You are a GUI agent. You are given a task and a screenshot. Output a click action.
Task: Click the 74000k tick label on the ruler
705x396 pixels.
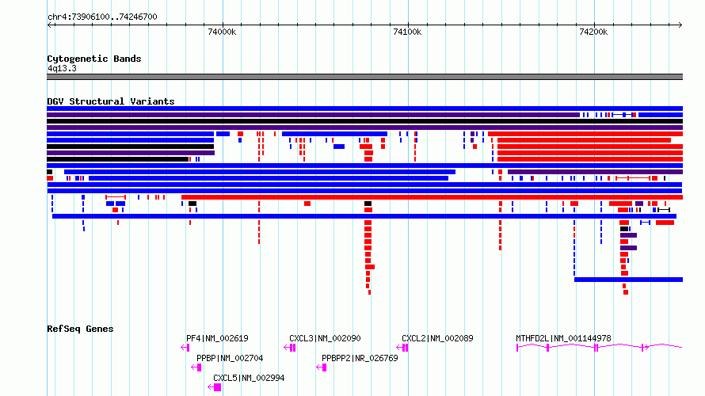pyautogui.click(x=222, y=32)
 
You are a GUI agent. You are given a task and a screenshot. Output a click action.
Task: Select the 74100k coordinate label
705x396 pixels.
pyautogui.click(x=407, y=32)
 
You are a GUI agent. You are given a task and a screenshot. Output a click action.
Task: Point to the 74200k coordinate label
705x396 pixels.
pyautogui.click(x=593, y=32)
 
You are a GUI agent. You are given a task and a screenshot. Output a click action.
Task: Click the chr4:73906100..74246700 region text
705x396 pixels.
pyautogui.click(x=102, y=17)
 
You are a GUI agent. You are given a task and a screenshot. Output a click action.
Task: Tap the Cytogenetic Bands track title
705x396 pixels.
pyautogui.click(x=94, y=59)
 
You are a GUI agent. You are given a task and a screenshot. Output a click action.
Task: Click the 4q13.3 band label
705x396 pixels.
pyautogui.click(x=62, y=68)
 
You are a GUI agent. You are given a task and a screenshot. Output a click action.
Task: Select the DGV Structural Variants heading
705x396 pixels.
pyautogui.click(x=111, y=101)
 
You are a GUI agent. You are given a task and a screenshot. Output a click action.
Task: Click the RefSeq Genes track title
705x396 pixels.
pyautogui.click(x=80, y=329)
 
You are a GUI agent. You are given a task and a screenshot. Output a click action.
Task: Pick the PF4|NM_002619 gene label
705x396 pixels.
pyautogui.click(x=217, y=338)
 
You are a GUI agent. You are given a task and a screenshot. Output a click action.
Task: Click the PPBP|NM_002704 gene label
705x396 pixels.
pyautogui.click(x=230, y=358)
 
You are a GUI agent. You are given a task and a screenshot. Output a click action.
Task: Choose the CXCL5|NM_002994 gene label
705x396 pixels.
pyautogui.click(x=249, y=378)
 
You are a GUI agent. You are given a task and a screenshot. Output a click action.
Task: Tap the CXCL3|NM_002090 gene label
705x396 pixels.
pyautogui.click(x=325, y=338)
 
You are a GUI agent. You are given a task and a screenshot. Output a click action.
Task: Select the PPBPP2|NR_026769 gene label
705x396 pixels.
pyautogui.click(x=360, y=358)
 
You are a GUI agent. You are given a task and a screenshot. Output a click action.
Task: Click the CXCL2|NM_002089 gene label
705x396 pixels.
pyautogui.click(x=437, y=338)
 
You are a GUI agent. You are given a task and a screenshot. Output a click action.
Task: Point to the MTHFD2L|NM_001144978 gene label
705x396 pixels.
pyautogui.click(x=563, y=338)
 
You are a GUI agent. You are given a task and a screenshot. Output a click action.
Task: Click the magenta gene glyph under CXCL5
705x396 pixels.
pyautogui.click(x=215, y=387)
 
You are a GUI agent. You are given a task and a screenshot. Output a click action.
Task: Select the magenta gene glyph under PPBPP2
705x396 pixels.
pyautogui.click(x=322, y=367)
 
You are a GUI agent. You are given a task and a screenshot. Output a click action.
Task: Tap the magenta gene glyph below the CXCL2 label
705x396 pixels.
pyautogui.click(x=402, y=348)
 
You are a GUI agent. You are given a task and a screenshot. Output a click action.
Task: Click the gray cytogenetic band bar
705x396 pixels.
pyautogui.click(x=364, y=77)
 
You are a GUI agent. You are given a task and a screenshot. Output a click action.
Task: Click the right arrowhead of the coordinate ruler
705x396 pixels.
pyautogui.click(x=680, y=25)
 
